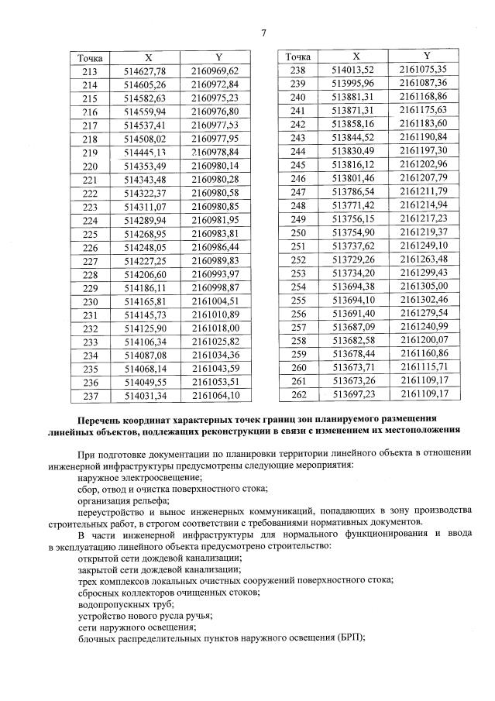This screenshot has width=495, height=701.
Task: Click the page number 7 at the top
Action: pos(264,33)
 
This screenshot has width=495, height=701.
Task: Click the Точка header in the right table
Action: pos(298,57)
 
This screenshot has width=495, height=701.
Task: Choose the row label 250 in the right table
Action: pos(298,232)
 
